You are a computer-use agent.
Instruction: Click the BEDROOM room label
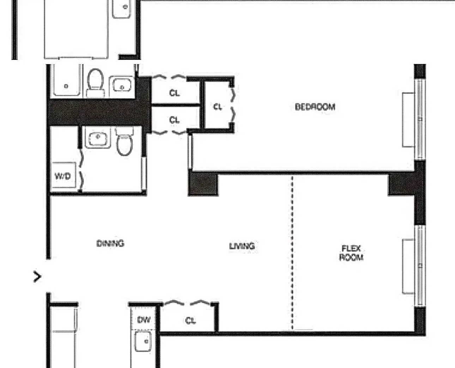tap(315, 107)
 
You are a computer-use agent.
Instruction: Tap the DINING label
tap(110, 243)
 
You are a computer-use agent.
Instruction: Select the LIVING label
tap(242, 246)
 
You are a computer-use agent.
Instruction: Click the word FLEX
tap(351, 249)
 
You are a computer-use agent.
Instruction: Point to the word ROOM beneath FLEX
tap(351, 257)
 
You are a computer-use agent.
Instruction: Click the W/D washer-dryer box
tap(63, 175)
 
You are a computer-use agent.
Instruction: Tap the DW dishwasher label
tap(144, 320)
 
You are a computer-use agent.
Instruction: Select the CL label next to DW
tap(190, 320)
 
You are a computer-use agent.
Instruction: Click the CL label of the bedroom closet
tap(218, 107)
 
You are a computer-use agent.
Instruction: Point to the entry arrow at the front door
tap(37, 277)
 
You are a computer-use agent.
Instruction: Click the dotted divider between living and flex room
tap(292, 254)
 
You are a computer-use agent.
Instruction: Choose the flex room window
tap(419, 266)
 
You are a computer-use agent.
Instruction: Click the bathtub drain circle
tap(66, 86)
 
